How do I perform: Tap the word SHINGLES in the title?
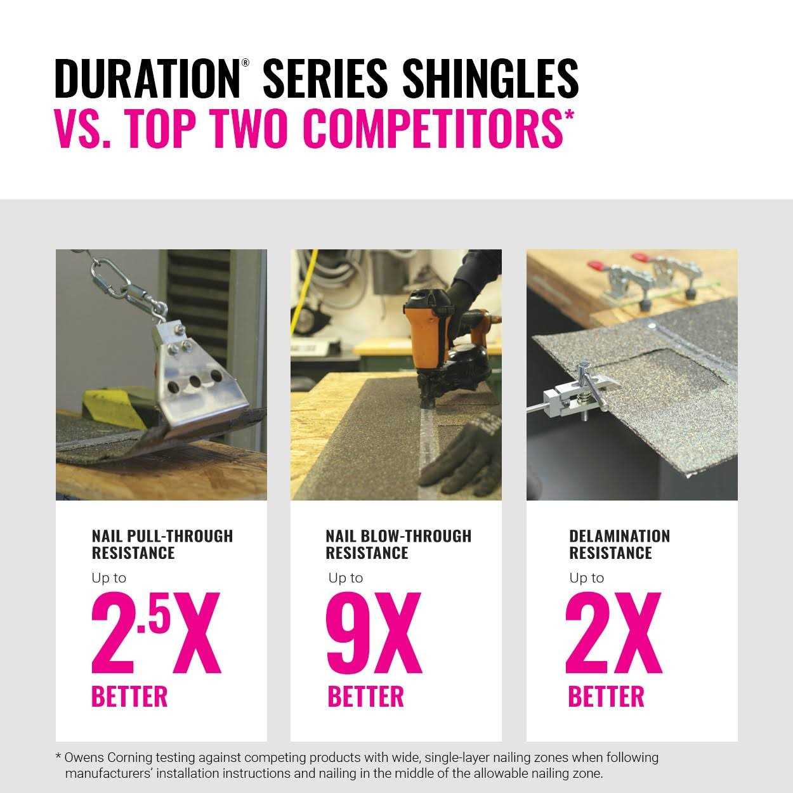pyautogui.click(x=490, y=79)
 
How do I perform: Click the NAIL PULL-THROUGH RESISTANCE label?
pyautogui.click(x=162, y=544)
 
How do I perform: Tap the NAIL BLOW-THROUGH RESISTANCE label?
pyautogui.click(x=398, y=544)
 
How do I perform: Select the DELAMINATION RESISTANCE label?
pyautogui.click(x=619, y=544)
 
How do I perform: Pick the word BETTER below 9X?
pyautogui.click(x=365, y=696)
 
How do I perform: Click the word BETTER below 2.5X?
pyautogui.click(x=129, y=696)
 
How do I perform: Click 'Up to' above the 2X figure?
pyautogui.click(x=587, y=578)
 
